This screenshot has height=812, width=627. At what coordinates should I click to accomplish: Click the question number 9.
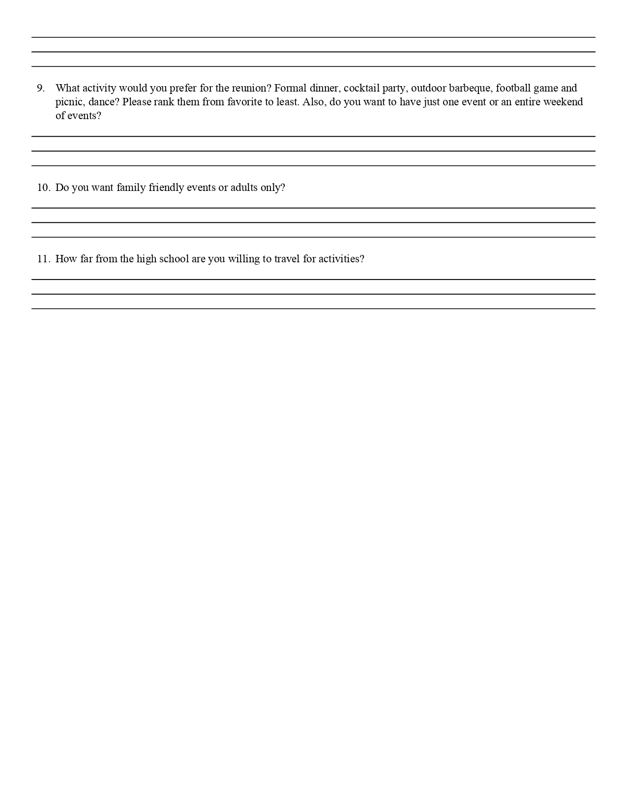pos(41,89)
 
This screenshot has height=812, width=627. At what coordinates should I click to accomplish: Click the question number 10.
pos(43,187)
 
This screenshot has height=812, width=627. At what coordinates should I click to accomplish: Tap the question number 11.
pos(43,259)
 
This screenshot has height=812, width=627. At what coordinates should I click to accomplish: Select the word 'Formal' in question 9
pos(290,89)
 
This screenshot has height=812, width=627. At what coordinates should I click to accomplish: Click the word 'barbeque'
pos(470,89)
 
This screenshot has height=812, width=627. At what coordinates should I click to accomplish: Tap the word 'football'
pos(513,89)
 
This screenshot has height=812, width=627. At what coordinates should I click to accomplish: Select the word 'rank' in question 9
pos(164,102)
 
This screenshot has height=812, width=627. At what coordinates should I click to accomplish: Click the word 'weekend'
pos(563,102)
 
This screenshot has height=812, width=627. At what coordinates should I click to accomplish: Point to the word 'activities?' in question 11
pos(341,259)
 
